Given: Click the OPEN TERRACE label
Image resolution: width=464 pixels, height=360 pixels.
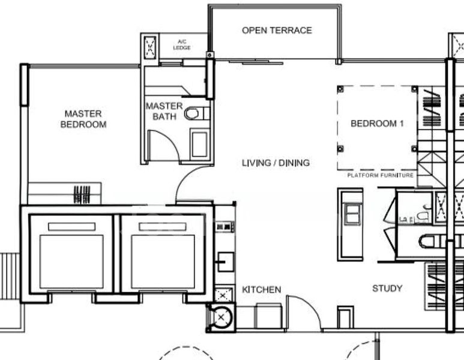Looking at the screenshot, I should pyautogui.click(x=277, y=30).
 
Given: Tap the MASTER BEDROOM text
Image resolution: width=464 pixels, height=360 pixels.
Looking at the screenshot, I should pyautogui.click(x=83, y=119).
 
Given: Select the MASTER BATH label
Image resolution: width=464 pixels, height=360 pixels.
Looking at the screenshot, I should pyautogui.click(x=164, y=111).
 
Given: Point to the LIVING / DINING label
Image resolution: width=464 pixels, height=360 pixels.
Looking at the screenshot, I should pyautogui.click(x=276, y=163).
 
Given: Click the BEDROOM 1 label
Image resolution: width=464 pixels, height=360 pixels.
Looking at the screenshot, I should pyautogui.click(x=377, y=124).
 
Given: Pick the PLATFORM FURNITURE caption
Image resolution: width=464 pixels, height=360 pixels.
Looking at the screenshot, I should pyautogui.click(x=380, y=175).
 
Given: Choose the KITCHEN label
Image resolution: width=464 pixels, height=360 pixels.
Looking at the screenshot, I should pyautogui.click(x=261, y=290).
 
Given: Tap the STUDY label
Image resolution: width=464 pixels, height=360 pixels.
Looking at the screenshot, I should pyautogui.click(x=387, y=289).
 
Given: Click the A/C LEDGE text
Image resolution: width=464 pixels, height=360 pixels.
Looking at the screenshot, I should pyautogui.click(x=182, y=45).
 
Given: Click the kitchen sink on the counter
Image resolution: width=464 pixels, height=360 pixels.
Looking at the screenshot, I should pyautogui.click(x=226, y=261).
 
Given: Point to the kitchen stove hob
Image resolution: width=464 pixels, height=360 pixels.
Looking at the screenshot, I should pyautogui.click(x=225, y=226).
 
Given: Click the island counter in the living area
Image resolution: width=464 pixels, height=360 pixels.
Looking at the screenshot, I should pyautogui.click(x=351, y=224).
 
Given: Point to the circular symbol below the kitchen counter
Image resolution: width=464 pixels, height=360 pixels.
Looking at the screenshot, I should pyautogui.click(x=221, y=316).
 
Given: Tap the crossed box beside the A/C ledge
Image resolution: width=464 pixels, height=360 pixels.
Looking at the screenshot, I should pyautogui.click(x=149, y=46).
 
